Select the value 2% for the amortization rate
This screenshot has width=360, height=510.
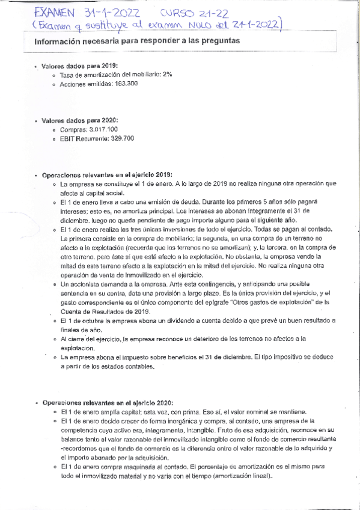pos(166,74)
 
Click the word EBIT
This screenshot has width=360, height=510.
pos(67,139)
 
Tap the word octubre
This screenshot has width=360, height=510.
pos(91,321)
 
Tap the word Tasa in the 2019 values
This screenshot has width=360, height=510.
pos(67,74)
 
